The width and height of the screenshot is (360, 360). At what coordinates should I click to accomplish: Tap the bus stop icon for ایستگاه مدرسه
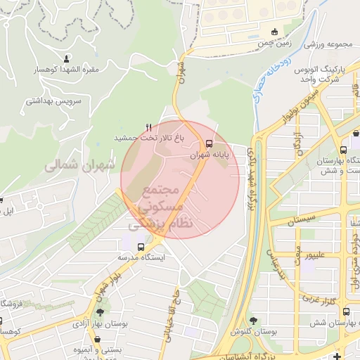coord(141,247)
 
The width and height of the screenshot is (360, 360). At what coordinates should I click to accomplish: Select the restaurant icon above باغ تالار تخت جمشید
coord(148,126)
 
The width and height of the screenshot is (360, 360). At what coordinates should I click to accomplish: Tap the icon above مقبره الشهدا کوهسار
coord(67,58)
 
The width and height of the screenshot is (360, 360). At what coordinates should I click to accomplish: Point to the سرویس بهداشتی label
coord(54,101)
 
